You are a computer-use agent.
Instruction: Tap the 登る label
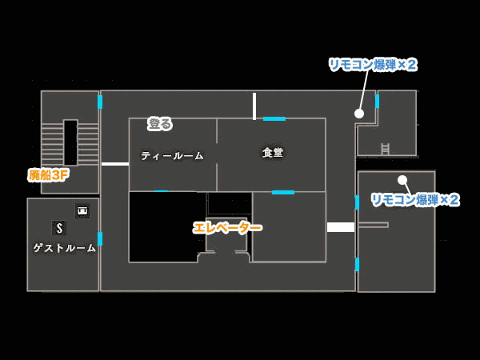(x=160, y=124)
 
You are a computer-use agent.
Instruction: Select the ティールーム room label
(x=173, y=156)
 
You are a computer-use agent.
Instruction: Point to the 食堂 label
(x=273, y=152)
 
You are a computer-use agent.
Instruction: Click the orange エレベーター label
(x=227, y=228)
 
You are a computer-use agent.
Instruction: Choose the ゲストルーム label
(x=65, y=248)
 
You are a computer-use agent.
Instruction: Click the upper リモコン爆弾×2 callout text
(x=373, y=65)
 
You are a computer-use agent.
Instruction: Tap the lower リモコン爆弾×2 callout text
(x=414, y=199)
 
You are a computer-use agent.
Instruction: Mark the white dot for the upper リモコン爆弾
(x=359, y=114)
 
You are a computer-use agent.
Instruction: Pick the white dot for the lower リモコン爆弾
(x=402, y=180)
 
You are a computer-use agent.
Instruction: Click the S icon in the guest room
(x=59, y=228)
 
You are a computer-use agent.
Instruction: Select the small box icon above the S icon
(x=82, y=211)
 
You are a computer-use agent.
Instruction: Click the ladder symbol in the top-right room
(x=385, y=149)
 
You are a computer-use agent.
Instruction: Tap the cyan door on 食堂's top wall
(x=274, y=118)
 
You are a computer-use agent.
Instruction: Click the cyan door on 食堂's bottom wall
(x=282, y=192)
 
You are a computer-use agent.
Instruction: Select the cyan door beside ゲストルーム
(x=100, y=238)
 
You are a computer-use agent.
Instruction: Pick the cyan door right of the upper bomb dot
(x=377, y=102)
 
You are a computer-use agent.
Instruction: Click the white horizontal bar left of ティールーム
(x=115, y=163)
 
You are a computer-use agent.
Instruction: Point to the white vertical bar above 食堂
(x=254, y=106)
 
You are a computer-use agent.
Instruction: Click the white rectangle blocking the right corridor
(x=341, y=227)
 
